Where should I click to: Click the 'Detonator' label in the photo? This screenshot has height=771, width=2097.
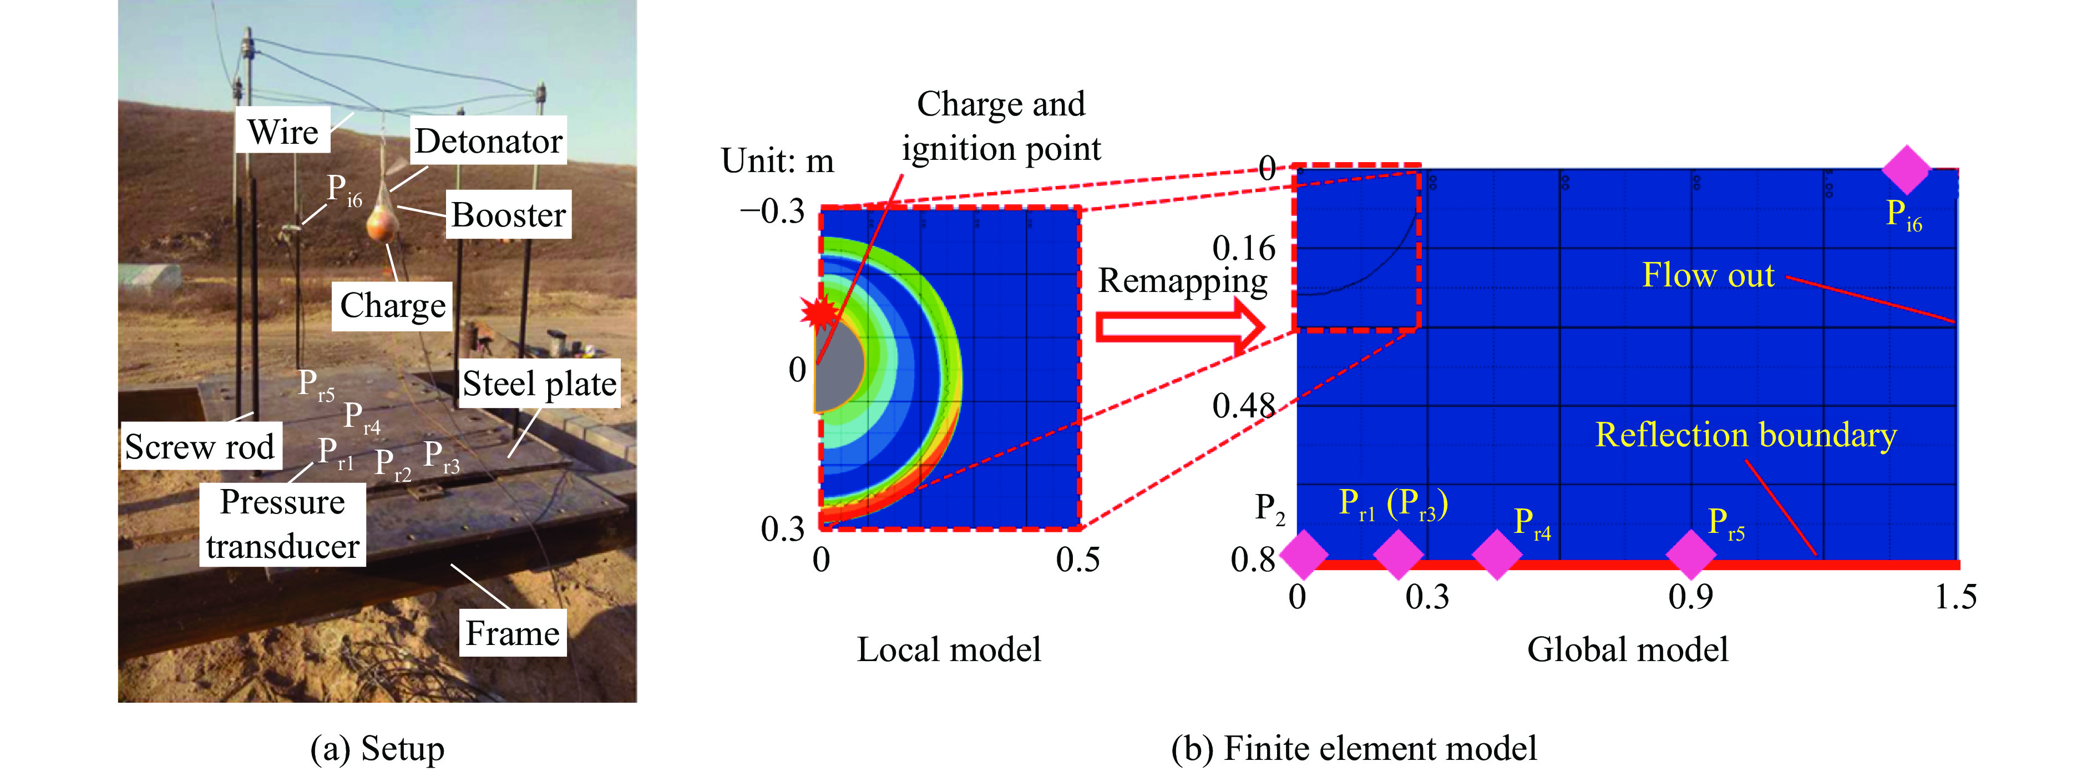pos(488,142)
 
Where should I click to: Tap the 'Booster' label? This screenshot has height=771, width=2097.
pos(508,215)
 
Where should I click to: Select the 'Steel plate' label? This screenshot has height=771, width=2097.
pos(539,384)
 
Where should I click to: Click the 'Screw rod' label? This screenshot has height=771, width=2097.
pos(200,446)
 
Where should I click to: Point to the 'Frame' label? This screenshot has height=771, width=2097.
pos(512,633)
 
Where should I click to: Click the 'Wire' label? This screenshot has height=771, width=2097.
pos(283,131)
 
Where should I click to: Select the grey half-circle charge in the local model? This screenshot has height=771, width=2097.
pos(838,366)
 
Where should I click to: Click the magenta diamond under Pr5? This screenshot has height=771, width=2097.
pos(1691,555)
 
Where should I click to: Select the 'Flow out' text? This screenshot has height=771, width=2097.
pos(1708,275)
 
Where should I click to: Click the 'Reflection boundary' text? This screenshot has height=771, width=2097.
pos(1745,435)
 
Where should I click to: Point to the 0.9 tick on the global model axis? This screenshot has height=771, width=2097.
pos(1690,597)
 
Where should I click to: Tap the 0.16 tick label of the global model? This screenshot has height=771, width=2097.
pos(1244,248)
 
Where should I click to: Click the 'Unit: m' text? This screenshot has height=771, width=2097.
pos(777,161)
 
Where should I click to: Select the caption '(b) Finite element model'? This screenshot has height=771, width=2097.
pos(1353,747)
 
